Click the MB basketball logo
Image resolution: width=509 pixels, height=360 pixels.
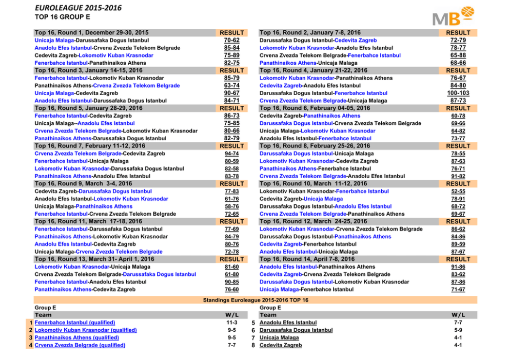(x=453, y=16)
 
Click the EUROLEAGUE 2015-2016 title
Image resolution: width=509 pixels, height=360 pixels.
(x=78, y=8)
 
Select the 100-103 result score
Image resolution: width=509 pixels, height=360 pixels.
(x=458, y=93)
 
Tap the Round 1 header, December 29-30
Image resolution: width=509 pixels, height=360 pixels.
(x=91, y=32)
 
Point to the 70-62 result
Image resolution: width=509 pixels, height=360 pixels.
(x=232, y=40)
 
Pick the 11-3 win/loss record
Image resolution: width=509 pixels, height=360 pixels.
(x=232, y=323)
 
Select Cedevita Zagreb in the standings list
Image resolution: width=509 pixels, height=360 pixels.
(x=281, y=345)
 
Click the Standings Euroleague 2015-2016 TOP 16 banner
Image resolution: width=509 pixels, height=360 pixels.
(x=256, y=300)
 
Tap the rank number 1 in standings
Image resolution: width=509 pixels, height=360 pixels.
(x=31, y=323)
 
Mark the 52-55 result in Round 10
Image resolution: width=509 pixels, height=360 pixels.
(x=458, y=191)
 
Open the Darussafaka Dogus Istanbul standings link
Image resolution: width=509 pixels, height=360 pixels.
(x=296, y=330)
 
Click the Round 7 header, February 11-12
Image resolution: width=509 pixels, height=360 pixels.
(x=90, y=146)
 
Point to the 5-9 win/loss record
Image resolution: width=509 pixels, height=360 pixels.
(x=458, y=330)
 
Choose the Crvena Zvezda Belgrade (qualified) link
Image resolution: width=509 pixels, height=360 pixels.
(x=80, y=345)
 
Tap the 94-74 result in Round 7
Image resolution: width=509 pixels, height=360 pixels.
(x=232, y=154)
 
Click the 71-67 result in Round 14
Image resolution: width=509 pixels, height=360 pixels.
(x=458, y=290)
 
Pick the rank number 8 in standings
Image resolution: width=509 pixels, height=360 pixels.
(x=253, y=345)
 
